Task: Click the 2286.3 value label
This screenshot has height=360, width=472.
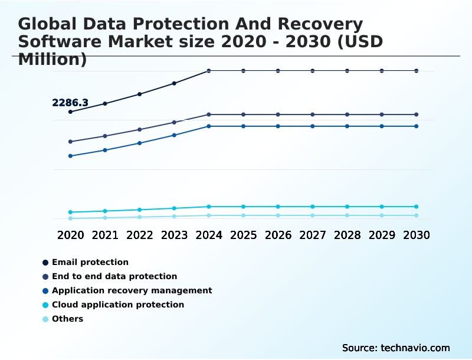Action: point(70,103)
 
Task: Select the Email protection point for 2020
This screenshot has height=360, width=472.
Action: point(70,112)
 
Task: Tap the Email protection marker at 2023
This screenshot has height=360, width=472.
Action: point(174,83)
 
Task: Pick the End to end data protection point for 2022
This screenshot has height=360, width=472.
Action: point(140,129)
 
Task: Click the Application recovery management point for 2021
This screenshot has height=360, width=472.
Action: point(105,150)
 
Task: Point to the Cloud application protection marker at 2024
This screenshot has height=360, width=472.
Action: point(209,207)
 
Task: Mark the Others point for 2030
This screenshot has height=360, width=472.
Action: point(416,215)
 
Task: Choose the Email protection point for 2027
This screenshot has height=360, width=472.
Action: point(313,71)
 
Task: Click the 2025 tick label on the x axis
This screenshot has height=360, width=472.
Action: point(243,235)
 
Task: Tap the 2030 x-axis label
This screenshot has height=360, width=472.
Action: point(416,235)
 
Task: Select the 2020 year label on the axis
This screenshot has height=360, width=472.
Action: point(70,235)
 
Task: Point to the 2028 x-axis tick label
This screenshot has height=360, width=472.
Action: point(347,235)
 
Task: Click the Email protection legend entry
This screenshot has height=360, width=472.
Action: point(90,262)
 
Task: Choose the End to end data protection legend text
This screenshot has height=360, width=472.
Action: point(114,276)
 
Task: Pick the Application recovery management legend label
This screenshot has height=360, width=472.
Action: point(132,290)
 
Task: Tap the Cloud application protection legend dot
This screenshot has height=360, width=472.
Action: point(45,305)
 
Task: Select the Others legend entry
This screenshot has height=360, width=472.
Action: point(67,319)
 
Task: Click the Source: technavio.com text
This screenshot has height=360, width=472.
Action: point(396,348)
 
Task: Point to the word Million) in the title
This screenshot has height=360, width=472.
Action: point(53,59)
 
